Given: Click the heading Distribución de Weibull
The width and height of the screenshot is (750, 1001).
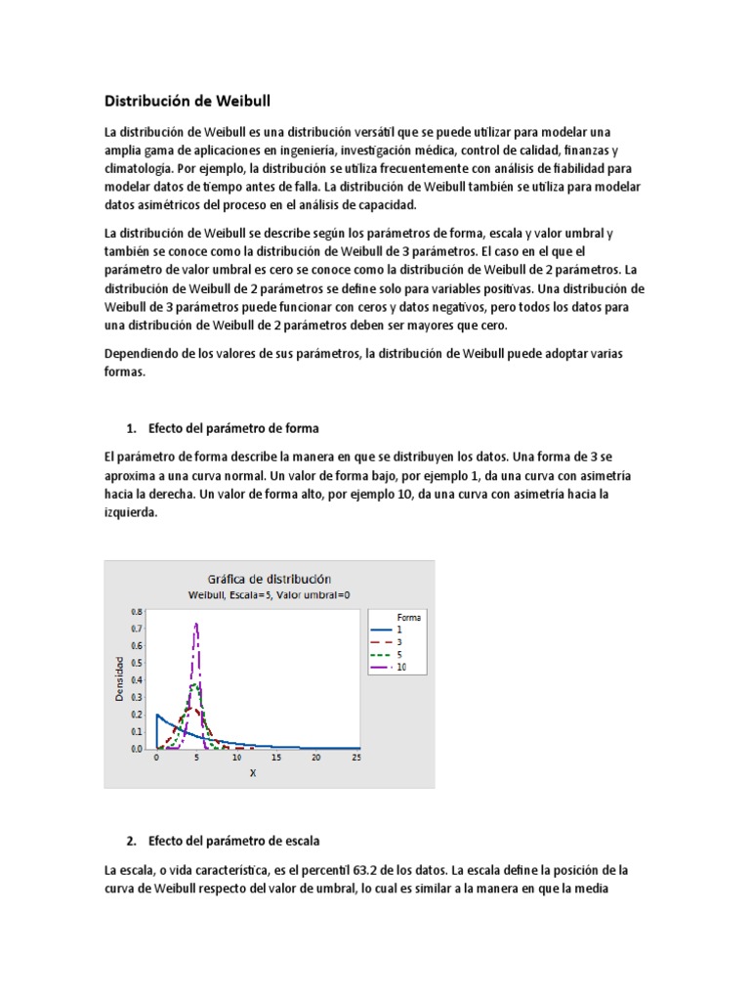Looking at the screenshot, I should click(x=187, y=101).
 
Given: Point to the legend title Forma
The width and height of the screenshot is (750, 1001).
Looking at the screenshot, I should click(x=409, y=618).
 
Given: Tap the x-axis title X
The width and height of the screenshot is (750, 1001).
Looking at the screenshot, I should click(x=253, y=773).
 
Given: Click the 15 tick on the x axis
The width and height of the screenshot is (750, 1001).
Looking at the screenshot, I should click(x=275, y=759).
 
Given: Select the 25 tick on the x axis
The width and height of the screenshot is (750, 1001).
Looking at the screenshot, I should click(x=355, y=759).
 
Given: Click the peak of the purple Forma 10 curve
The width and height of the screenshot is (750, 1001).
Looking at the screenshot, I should click(x=196, y=624).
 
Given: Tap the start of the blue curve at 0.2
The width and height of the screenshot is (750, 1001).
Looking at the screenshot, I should click(x=157, y=715).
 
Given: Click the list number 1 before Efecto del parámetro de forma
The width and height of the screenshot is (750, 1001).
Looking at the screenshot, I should click(x=131, y=428).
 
